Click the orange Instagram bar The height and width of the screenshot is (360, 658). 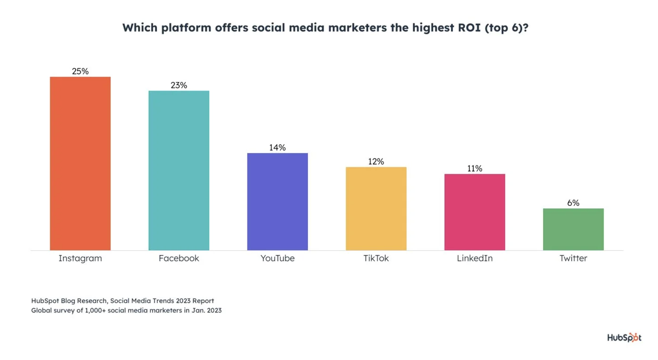80,164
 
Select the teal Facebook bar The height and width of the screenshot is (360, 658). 179,170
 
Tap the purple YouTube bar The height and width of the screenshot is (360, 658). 277,202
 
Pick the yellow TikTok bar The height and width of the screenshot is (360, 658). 376,208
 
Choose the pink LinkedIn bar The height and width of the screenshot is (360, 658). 475,212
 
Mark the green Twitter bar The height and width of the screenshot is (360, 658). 573,229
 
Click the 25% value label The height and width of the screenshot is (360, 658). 80,71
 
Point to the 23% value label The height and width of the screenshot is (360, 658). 179,85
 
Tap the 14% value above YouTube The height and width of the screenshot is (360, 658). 277,147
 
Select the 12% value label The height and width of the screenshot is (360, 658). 376,162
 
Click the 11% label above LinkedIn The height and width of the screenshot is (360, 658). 475,169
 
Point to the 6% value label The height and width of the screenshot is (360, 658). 573,203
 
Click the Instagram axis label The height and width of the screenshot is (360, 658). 80,258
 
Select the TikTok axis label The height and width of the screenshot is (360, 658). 376,258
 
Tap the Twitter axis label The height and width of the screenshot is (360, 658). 573,258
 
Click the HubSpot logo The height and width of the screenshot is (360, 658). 624,337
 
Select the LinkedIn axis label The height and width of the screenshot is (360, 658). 475,258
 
